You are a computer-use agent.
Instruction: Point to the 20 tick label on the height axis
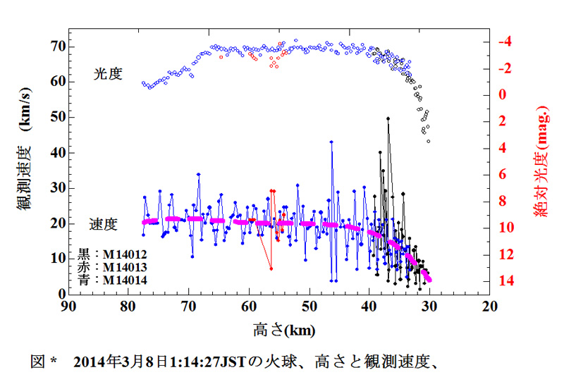coord(489,307)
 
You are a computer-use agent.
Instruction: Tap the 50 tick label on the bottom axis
coord(309,307)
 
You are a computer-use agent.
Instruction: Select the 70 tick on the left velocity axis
coord(56,46)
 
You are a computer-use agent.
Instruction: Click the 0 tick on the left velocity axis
coord(61,294)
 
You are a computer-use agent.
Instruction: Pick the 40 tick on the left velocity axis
coord(56,152)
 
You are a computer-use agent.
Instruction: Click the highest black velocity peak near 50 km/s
coord(388,119)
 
